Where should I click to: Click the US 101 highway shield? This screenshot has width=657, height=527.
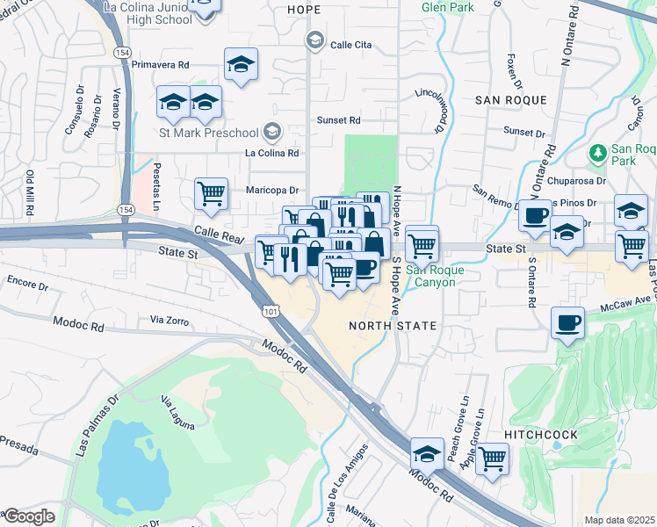click(269, 312)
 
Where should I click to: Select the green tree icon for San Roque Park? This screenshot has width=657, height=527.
click(598, 153)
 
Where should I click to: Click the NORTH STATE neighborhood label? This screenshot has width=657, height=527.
click(393, 326)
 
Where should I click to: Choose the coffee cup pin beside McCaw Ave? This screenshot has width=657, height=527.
click(567, 322)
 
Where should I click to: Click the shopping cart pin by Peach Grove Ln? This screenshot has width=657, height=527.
click(493, 457)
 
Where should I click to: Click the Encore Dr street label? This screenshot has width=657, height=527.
click(26, 285)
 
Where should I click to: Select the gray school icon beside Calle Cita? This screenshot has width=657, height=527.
click(314, 40)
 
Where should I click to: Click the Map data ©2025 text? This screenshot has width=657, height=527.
click(619, 520)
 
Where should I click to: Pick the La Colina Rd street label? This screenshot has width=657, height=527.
click(271, 153)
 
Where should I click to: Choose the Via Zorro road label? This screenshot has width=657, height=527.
click(170, 321)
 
